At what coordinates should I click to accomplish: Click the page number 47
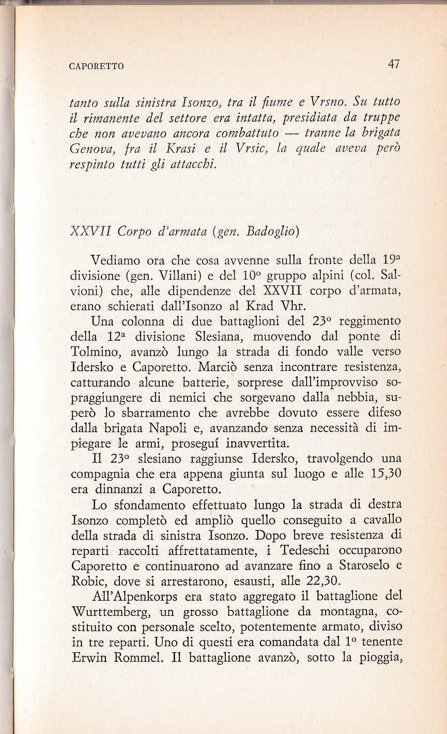(x=393, y=65)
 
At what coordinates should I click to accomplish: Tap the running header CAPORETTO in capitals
(x=98, y=66)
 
